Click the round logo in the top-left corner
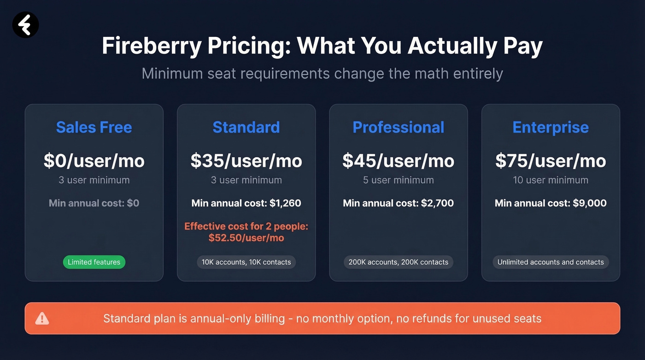(25, 24)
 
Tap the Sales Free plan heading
(94, 127)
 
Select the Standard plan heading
(246, 127)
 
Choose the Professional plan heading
(399, 127)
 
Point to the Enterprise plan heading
(551, 127)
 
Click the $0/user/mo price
(94, 160)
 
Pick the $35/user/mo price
(246, 160)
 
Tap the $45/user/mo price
(399, 160)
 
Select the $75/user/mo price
(551, 160)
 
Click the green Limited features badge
(94, 262)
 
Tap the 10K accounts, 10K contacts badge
(246, 262)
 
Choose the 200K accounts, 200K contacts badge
(399, 262)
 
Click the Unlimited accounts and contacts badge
(551, 262)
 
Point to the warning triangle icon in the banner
(42, 318)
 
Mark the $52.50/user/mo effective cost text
(246, 238)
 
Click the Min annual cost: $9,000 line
(551, 203)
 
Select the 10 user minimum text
(551, 180)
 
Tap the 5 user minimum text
(399, 180)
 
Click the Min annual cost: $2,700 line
(399, 203)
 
